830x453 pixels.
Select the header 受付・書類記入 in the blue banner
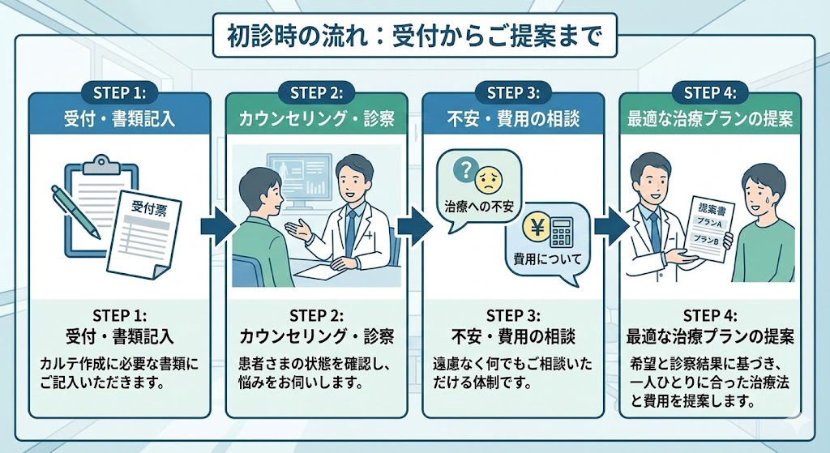119,119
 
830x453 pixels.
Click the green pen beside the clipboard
75,212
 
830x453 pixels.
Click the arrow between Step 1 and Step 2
213,227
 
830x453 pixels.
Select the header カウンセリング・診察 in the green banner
317,119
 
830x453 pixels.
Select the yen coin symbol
534,227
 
